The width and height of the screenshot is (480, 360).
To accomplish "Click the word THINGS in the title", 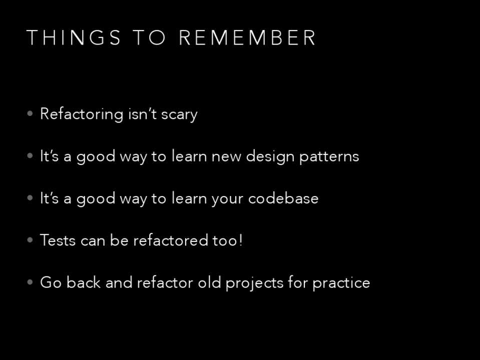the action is pos(74,37).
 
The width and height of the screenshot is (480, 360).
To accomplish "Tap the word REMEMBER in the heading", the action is pos(247,37).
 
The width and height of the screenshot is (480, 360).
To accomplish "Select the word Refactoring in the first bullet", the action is pos(82,114).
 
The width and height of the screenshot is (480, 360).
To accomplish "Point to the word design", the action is pos(270,156).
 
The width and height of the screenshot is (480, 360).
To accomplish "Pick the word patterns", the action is pos(329,157).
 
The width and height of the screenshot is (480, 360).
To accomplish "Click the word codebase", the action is pos(283,198).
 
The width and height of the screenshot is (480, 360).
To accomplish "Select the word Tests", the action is pos(58,240).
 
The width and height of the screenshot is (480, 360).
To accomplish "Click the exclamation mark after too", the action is pos(241,240).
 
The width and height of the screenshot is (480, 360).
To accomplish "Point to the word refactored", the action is pos(171,240).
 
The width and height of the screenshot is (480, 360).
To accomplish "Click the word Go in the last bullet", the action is pos(51,282).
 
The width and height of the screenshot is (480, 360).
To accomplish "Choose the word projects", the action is pos(254,283).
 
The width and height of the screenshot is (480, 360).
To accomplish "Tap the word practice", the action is pos(341,283).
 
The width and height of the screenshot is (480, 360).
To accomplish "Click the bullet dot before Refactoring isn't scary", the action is pos(30,114).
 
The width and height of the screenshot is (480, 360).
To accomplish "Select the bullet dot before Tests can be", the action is pos(30,240).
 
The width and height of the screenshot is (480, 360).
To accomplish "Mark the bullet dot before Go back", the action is pos(30,282).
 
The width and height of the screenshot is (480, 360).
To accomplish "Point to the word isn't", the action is pos(142,114).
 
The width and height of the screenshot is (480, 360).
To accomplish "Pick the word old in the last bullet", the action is pos(209,282).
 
